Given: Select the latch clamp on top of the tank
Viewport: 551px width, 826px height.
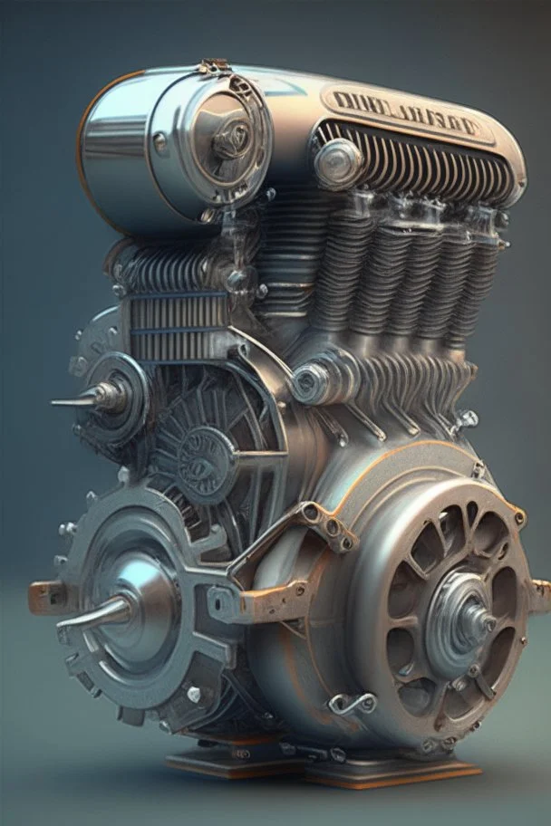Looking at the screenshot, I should (214, 67).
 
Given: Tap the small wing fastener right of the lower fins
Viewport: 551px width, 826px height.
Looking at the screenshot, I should (466, 418).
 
